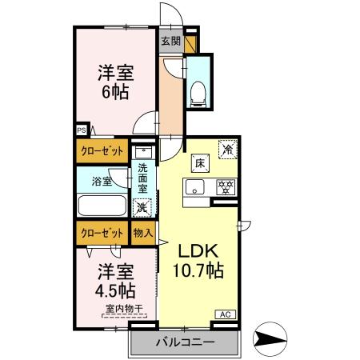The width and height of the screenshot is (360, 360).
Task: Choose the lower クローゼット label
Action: (101, 233)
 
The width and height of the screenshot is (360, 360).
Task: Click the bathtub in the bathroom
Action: (101, 205)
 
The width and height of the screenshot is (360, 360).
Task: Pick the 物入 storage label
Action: (142, 233)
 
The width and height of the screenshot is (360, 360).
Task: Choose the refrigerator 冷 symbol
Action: (227, 149)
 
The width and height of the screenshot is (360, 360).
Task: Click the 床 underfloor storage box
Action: (198, 162)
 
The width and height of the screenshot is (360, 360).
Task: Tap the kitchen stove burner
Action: (226, 188)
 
